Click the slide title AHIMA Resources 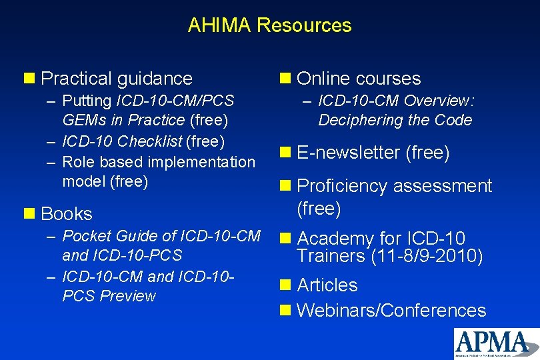(x=269, y=25)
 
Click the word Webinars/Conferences (x=391, y=310)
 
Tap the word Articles (x=327, y=285)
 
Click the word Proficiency (x=342, y=186)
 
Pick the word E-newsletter (x=348, y=153)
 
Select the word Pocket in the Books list (x=84, y=236)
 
